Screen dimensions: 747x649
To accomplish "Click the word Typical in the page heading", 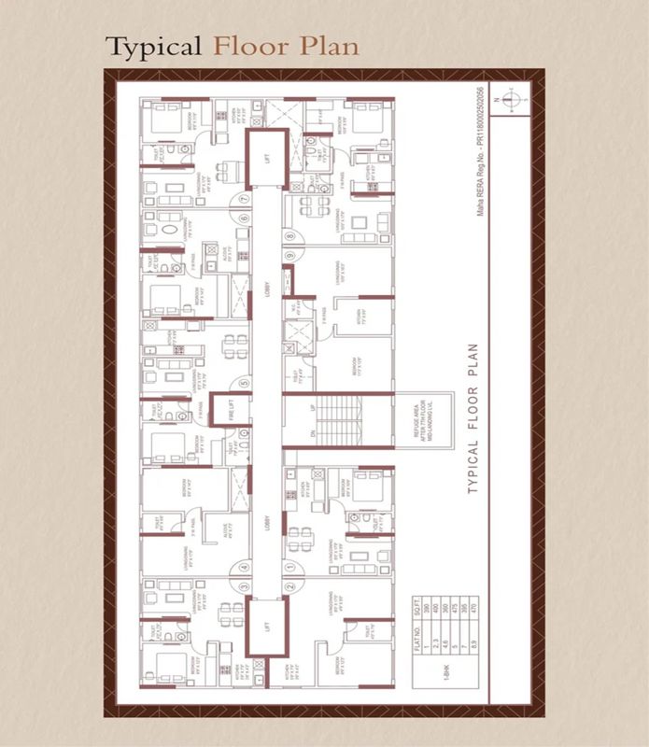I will [x=154, y=47].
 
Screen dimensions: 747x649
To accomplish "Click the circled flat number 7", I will [x=244, y=198].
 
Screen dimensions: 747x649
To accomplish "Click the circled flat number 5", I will [x=244, y=382].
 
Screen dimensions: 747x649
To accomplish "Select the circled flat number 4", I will [x=244, y=565].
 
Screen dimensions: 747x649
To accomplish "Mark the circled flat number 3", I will [x=244, y=586].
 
